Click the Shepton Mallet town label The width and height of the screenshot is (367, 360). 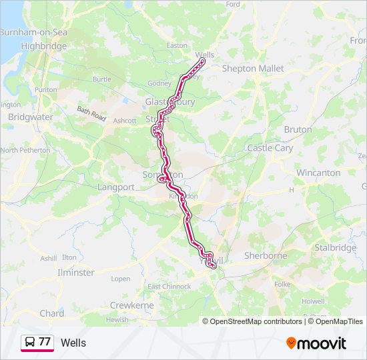click(x=252, y=69)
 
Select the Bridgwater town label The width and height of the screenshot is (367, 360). click(x=30, y=117)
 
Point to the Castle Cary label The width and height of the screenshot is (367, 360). click(x=270, y=147)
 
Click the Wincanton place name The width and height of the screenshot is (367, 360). click(x=318, y=173)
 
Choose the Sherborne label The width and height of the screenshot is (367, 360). click(x=265, y=255)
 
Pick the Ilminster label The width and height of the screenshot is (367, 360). click(x=75, y=273)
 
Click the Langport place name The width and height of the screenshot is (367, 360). click(x=116, y=187)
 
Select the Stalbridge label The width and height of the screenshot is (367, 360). click(x=336, y=248)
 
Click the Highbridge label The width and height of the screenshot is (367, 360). click(x=44, y=47)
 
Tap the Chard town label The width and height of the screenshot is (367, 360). click(x=51, y=313)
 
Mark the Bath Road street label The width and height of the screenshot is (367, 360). click(x=91, y=113)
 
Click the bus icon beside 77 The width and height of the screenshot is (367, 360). click(x=29, y=343)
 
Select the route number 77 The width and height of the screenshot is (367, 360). click(x=45, y=342)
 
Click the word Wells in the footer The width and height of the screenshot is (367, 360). click(x=73, y=343)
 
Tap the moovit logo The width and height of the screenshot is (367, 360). click(x=316, y=343)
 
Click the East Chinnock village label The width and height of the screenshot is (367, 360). click(x=163, y=287)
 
